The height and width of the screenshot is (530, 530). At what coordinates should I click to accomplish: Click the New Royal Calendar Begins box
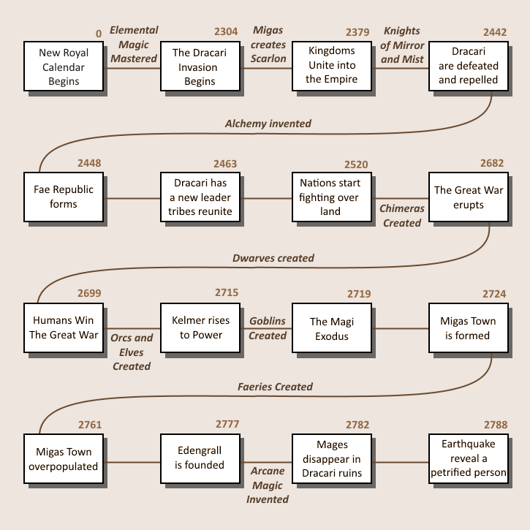click(x=64, y=67)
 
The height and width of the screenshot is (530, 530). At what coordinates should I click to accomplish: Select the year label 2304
click(x=226, y=31)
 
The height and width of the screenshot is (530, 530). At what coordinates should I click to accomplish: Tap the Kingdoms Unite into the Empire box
click(x=332, y=67)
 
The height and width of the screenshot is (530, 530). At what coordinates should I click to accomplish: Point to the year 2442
click(x=495, y=32)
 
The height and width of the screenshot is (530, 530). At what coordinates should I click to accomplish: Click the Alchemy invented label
click(x=268, y=124)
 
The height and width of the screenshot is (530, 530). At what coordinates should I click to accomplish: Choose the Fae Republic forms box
click(x=64, y=197)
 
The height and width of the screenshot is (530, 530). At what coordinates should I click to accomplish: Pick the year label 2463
click(x=225, y=164)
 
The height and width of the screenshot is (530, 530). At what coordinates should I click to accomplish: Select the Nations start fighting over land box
click(x=332, y=197)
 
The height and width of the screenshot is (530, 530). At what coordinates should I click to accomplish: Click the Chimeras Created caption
click(x=401, y=216)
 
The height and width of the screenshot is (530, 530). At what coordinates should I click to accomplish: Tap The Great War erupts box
click(x=469, y=197)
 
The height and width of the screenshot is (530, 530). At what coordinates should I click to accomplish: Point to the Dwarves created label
click(x=273, y=258)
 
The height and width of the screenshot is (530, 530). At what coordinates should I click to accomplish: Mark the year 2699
click(x=89, y=293)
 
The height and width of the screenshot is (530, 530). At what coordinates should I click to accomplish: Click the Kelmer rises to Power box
click(x=200, y=328)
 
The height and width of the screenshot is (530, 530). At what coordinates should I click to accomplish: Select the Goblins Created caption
click(x=268, y=328)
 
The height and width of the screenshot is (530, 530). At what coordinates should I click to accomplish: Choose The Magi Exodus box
click(x=332, y=328)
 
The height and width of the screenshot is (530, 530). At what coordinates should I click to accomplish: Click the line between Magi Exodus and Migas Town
click(x=400, y=328)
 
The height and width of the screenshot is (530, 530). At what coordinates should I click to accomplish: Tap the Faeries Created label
click(x=275, y=387)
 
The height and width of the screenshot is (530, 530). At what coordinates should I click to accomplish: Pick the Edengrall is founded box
click(x=200, y=458)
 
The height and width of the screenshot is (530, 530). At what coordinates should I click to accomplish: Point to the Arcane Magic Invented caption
click(x=268, y=485)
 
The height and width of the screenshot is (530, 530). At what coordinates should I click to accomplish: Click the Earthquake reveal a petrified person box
click(x=469, y=458)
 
